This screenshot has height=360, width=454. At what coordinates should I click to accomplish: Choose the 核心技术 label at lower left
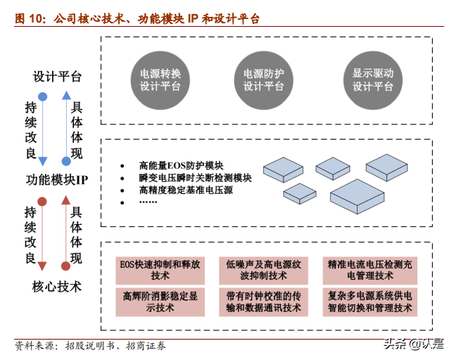57,287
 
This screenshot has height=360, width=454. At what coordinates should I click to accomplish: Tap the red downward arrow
42,233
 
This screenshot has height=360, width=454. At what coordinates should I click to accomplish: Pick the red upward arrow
66,233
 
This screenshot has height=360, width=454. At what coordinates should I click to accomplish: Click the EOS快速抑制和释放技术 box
160,270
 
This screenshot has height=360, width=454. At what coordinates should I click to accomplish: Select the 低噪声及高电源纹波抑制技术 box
264,270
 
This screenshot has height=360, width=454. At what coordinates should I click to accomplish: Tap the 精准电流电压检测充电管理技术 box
370,270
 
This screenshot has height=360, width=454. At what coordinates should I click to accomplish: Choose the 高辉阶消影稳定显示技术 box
160,301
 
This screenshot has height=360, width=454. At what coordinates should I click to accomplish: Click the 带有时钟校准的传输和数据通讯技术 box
264,301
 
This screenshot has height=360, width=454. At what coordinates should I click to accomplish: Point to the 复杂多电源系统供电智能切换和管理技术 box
370,301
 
